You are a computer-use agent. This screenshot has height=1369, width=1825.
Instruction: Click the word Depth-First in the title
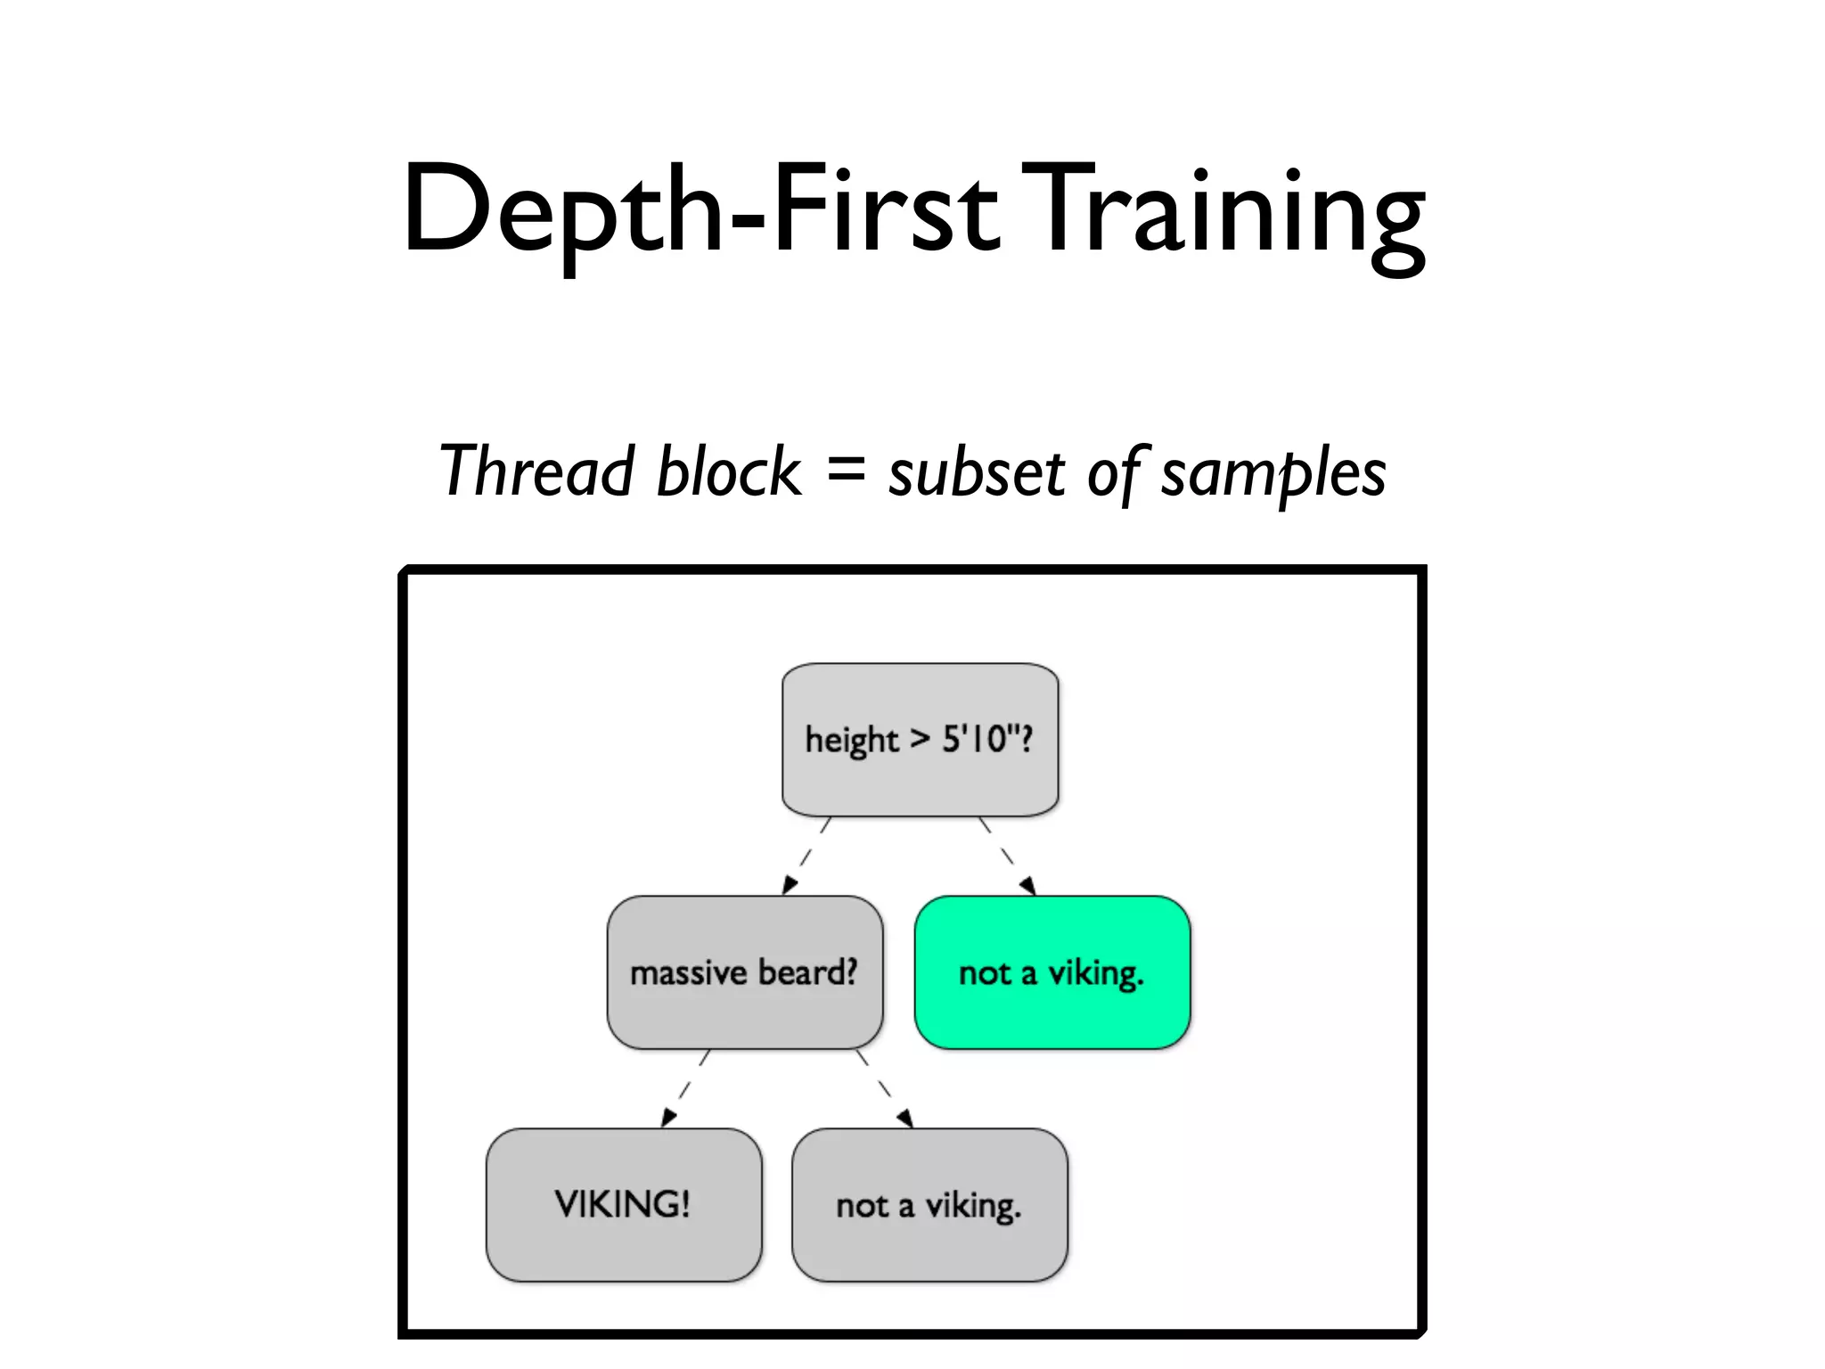tap(700, 209)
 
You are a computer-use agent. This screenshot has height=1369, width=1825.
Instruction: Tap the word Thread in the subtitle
tap(536, 471)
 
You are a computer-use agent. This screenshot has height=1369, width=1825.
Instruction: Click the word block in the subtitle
tap(728, 471)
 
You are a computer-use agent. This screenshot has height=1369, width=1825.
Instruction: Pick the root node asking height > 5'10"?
tap(920, 739)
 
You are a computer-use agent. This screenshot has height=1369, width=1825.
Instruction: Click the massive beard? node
tap(744, 971)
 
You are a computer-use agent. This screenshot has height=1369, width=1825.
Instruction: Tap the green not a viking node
tap(1052, 971)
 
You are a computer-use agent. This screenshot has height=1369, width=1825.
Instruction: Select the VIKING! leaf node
tap(623, 1204)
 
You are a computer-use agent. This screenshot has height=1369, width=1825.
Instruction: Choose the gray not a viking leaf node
tap(929, 1204)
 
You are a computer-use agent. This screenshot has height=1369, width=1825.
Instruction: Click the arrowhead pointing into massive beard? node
tap(789, 884)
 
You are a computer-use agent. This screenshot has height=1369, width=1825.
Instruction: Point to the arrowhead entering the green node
tap(1028, 885)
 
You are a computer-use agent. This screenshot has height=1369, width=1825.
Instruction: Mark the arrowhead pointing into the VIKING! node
tap(667, 1118)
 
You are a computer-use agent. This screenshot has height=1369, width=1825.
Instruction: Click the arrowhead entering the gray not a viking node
tap(905, 1118)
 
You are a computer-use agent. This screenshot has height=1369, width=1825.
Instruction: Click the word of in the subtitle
tap(1114, 472)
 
